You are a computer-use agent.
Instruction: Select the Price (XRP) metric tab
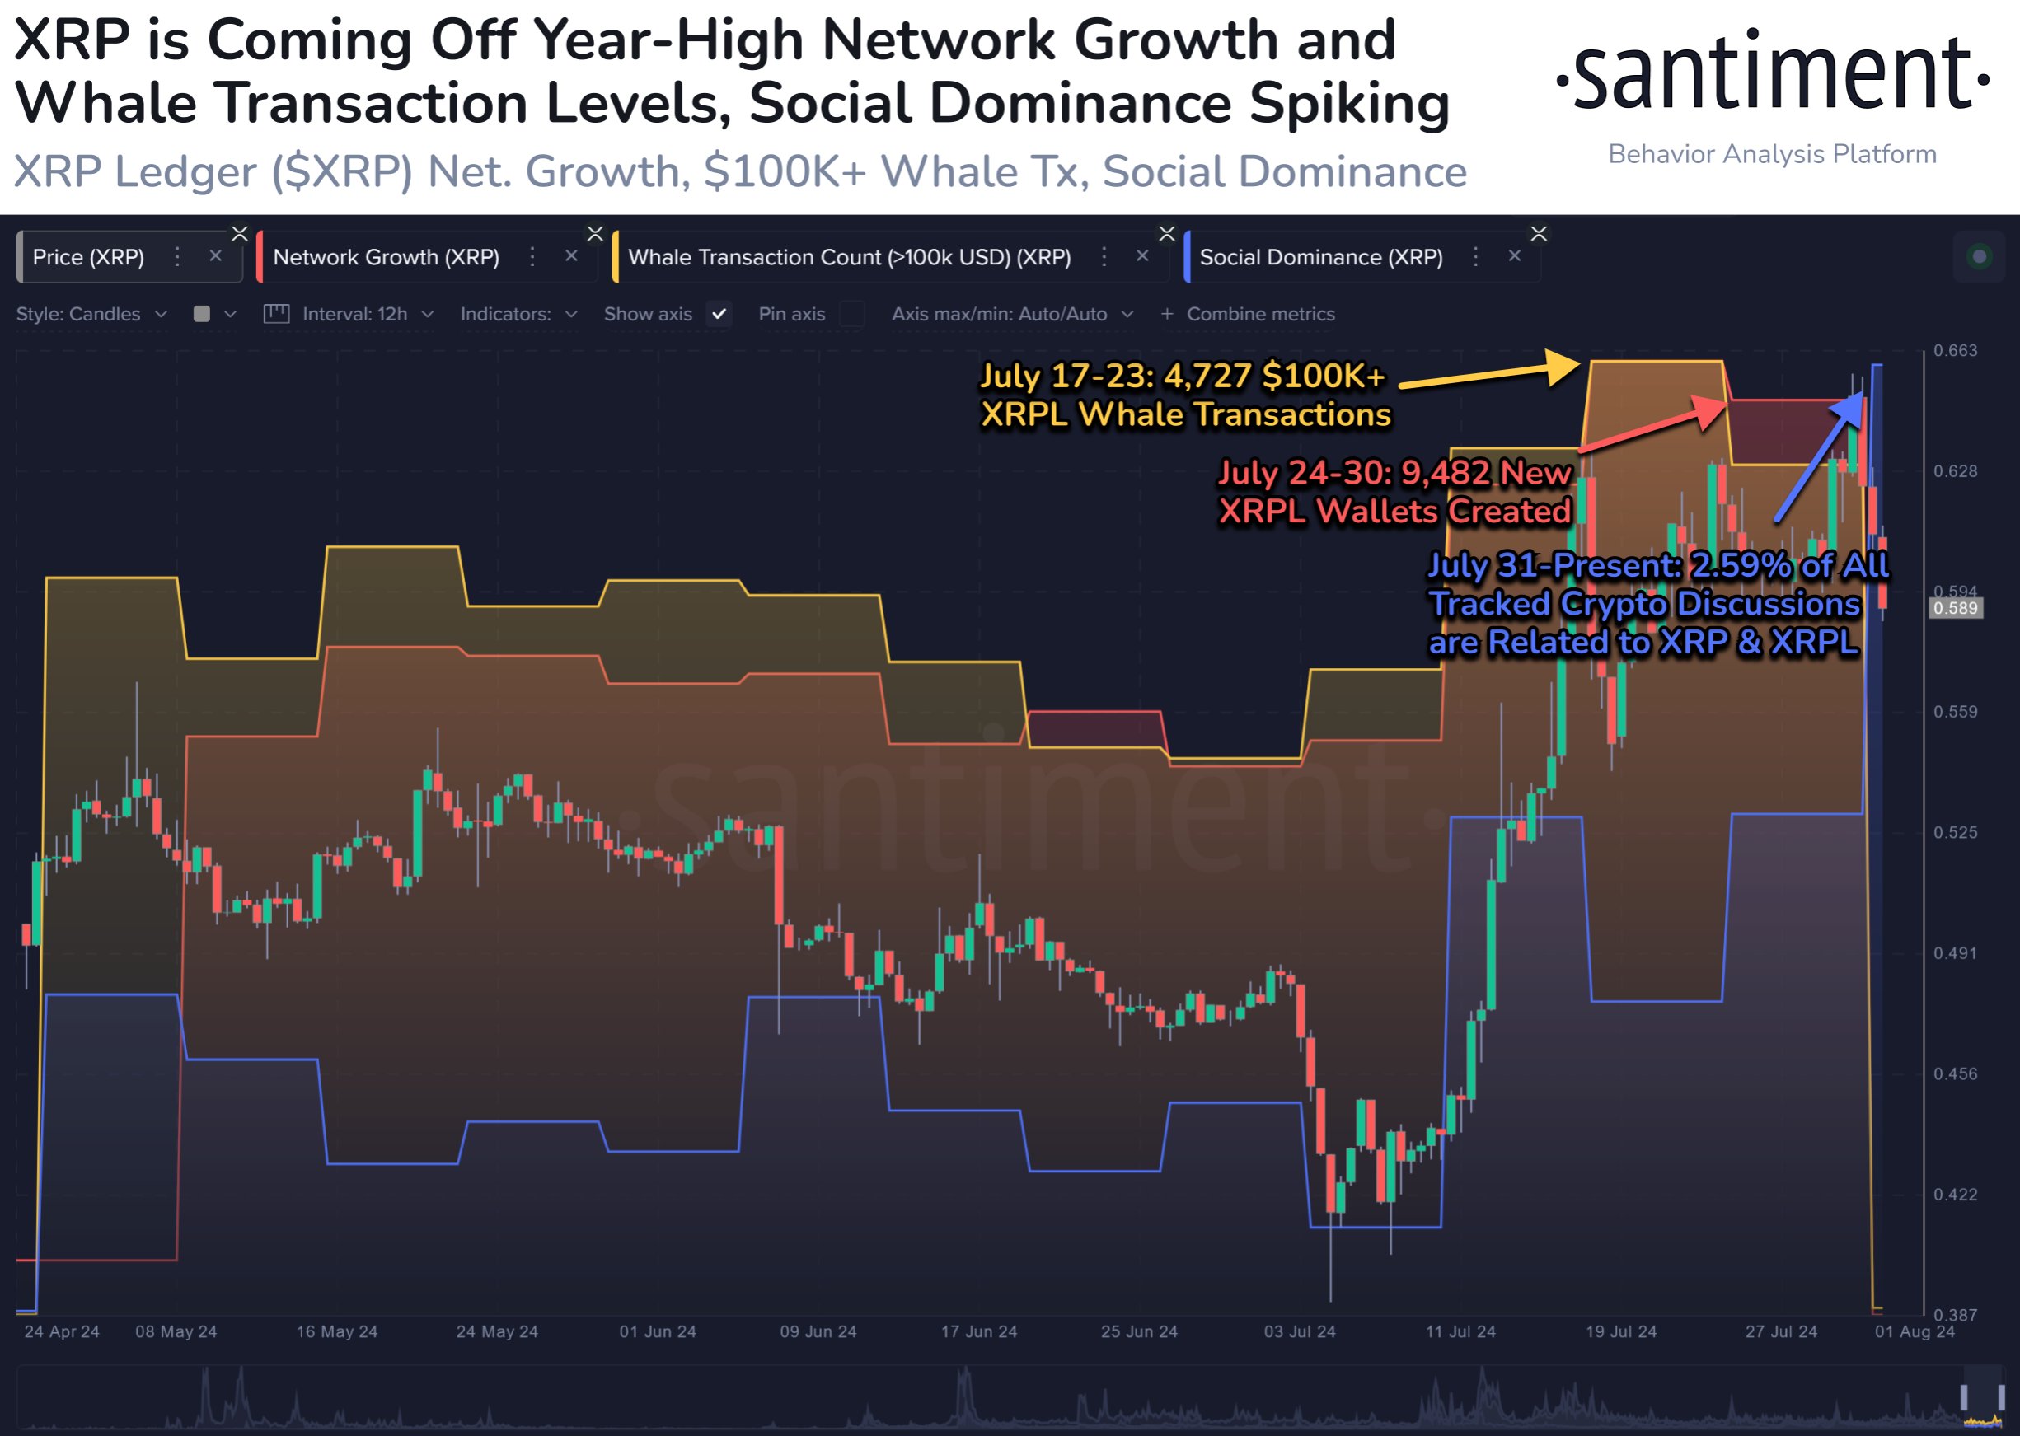(x=88, y=257)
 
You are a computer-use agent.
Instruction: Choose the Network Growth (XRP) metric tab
(x=386, y=257)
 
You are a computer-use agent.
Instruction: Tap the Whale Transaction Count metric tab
(x=848, y=257)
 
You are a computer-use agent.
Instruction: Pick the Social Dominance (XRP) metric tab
(x=1320, y=257)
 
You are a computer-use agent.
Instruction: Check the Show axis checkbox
(x=719, y=314)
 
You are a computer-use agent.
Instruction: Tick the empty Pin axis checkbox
(x=851, y=314)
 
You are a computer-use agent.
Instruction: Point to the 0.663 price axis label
(x=1955, y=351)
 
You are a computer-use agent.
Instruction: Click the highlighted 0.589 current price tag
(x=1955, y=608)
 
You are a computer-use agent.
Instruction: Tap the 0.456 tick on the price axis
(x=1955, y=1073)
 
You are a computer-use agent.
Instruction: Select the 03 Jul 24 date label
(x=1299, y=1331)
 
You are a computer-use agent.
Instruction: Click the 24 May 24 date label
(x=497, y=1331)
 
